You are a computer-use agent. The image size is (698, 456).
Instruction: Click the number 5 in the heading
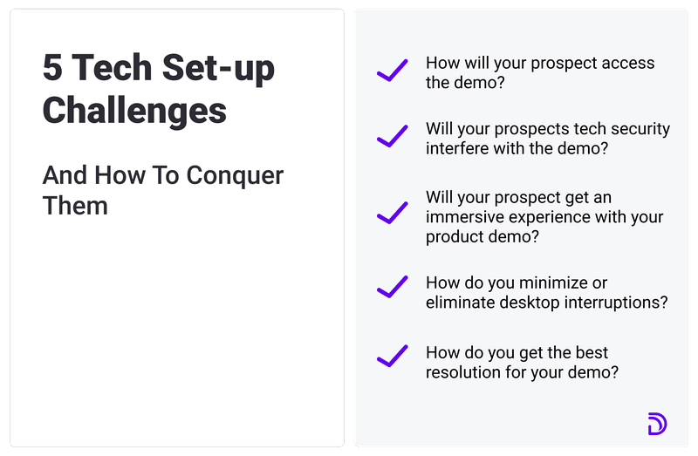(52, 70)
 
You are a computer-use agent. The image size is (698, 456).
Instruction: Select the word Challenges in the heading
(134, 111)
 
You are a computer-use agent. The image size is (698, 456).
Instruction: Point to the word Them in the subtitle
(75, 206)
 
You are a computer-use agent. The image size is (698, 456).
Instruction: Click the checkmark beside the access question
(392, 71)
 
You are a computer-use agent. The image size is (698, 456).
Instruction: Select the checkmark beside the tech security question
(392, 137)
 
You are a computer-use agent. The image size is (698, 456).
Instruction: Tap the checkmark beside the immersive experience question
(392, 212)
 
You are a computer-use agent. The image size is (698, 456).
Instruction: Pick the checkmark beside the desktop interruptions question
(392, 287)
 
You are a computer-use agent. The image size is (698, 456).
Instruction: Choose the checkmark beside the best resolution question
(392, 357)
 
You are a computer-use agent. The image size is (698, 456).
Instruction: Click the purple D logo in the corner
(656, 424)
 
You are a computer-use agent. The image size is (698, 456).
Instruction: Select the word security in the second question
(637, 129)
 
